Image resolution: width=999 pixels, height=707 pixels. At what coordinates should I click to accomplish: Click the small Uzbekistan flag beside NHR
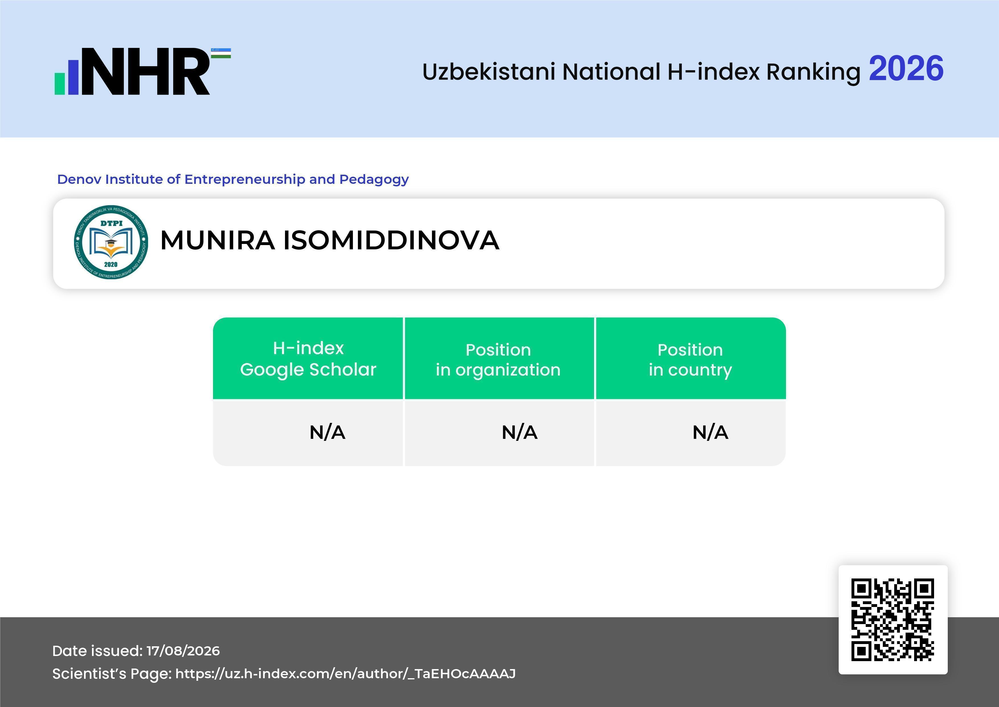point(221,53)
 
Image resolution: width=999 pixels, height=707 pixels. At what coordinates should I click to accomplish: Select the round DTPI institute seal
point(111,242)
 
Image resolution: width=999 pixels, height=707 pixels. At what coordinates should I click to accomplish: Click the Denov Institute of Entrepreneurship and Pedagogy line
point(233,179)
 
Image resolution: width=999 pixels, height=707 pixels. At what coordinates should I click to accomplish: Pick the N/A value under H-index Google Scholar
point(327,432)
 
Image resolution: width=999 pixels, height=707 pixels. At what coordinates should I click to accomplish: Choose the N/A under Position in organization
point(519,432)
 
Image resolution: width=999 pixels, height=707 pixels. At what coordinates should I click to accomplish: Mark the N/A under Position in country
point(710,432)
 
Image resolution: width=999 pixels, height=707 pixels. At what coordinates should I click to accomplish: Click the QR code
point(893,620)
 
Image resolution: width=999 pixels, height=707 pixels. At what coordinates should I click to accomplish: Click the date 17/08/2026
point(183,651)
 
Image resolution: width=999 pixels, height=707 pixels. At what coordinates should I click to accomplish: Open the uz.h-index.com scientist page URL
point(345,674)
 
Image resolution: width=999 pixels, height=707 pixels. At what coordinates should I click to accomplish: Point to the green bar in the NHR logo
point(60,83)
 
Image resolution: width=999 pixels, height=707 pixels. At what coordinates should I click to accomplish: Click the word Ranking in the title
point(813,73)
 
